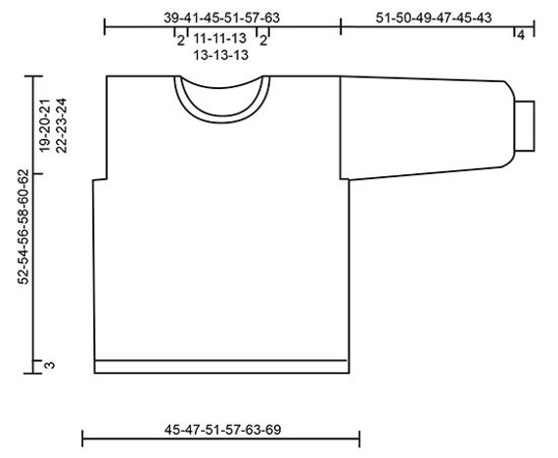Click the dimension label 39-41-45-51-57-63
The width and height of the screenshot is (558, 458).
221,18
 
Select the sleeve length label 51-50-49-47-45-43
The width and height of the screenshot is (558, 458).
434,18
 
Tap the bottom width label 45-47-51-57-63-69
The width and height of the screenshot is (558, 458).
222,430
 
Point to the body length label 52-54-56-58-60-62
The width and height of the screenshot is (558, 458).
23,226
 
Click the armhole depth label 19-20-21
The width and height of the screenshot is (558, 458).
44,124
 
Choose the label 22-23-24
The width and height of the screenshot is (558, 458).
62,125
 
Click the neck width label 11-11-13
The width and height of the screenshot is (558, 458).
219,38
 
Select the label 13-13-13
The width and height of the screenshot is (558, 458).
220,55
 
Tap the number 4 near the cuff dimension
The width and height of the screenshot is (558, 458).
521,35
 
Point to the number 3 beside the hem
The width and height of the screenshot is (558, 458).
50,365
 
